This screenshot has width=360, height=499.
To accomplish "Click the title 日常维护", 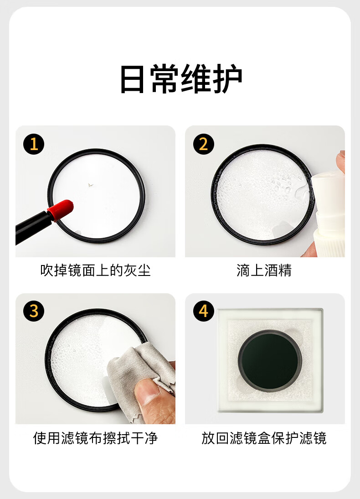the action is pos(181,78).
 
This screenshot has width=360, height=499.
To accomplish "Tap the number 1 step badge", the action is pos(34,144).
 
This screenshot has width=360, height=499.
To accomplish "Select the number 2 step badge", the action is pos(204,144).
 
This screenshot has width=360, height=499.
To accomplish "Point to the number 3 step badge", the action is pos(34,311).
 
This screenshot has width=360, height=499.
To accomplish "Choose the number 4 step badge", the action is pos(204,311).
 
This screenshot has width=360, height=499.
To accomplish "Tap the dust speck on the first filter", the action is pos(91,185).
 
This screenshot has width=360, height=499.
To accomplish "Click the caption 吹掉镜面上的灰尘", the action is pos(95,270).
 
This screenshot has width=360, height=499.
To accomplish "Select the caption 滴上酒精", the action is pos(264,270).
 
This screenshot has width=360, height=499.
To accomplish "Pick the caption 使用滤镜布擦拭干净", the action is pos(95,438).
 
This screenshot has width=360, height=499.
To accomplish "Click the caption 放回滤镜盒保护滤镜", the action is pos(264,438).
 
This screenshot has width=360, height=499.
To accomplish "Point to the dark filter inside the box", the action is pos(270,361).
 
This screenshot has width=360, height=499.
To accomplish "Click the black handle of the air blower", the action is pos(32,227).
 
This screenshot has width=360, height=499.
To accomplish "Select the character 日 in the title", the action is pos(132,78).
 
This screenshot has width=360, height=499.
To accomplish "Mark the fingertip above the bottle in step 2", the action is pos(341,161).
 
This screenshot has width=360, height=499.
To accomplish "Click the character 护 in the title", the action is pos(228,78).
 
